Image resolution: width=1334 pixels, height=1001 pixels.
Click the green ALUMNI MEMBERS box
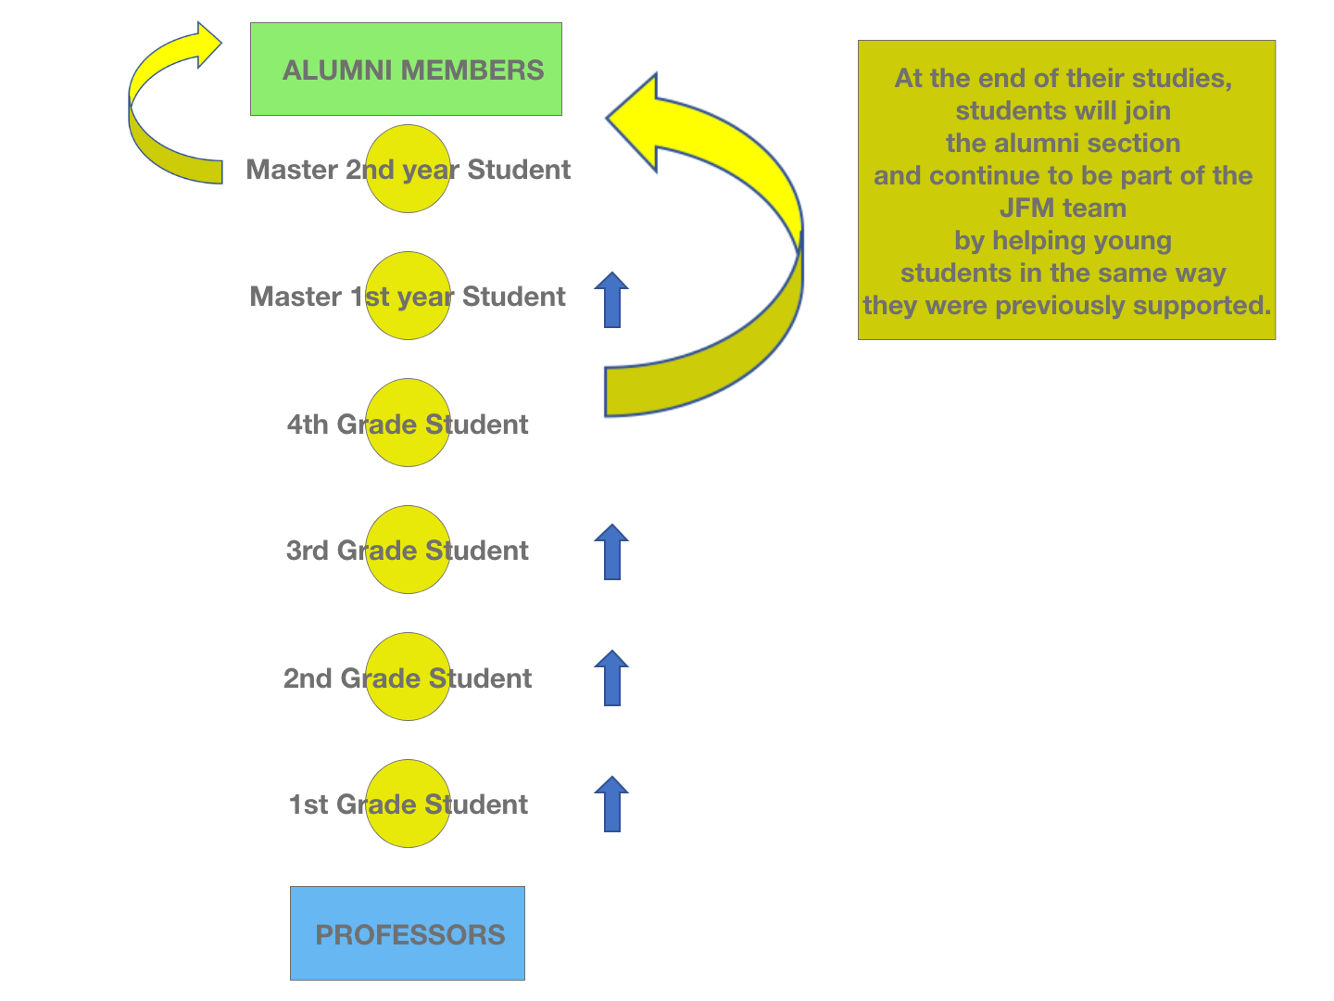[x=406, y=93]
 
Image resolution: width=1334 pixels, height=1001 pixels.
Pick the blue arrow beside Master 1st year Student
[x=611, y=300]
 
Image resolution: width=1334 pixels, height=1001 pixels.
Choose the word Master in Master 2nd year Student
[x=292, y=170]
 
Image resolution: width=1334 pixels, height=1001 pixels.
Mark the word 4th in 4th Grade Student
[x=308, y=424]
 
